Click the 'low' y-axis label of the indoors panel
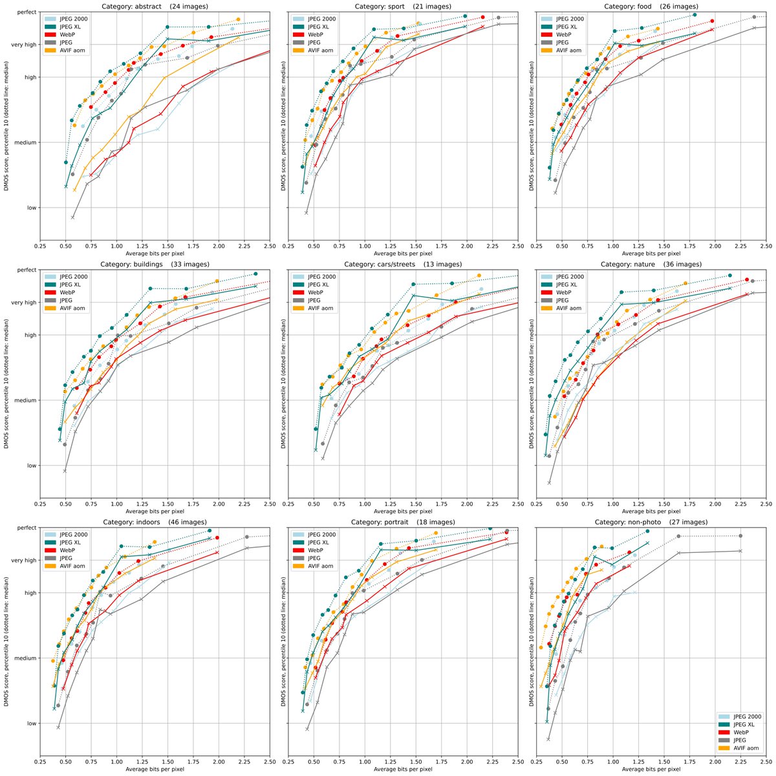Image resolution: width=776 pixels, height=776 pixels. (30, 723)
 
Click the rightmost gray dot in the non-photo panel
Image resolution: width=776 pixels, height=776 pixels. (740, 535)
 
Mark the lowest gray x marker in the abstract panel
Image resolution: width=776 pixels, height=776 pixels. (72, 217)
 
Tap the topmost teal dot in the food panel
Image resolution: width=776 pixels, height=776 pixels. (695, 14)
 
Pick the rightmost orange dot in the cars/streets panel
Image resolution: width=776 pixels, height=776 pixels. (479, 275)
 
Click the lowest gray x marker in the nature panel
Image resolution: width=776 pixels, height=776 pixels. (550, 482)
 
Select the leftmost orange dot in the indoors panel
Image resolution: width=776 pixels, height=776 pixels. (52, 660)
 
